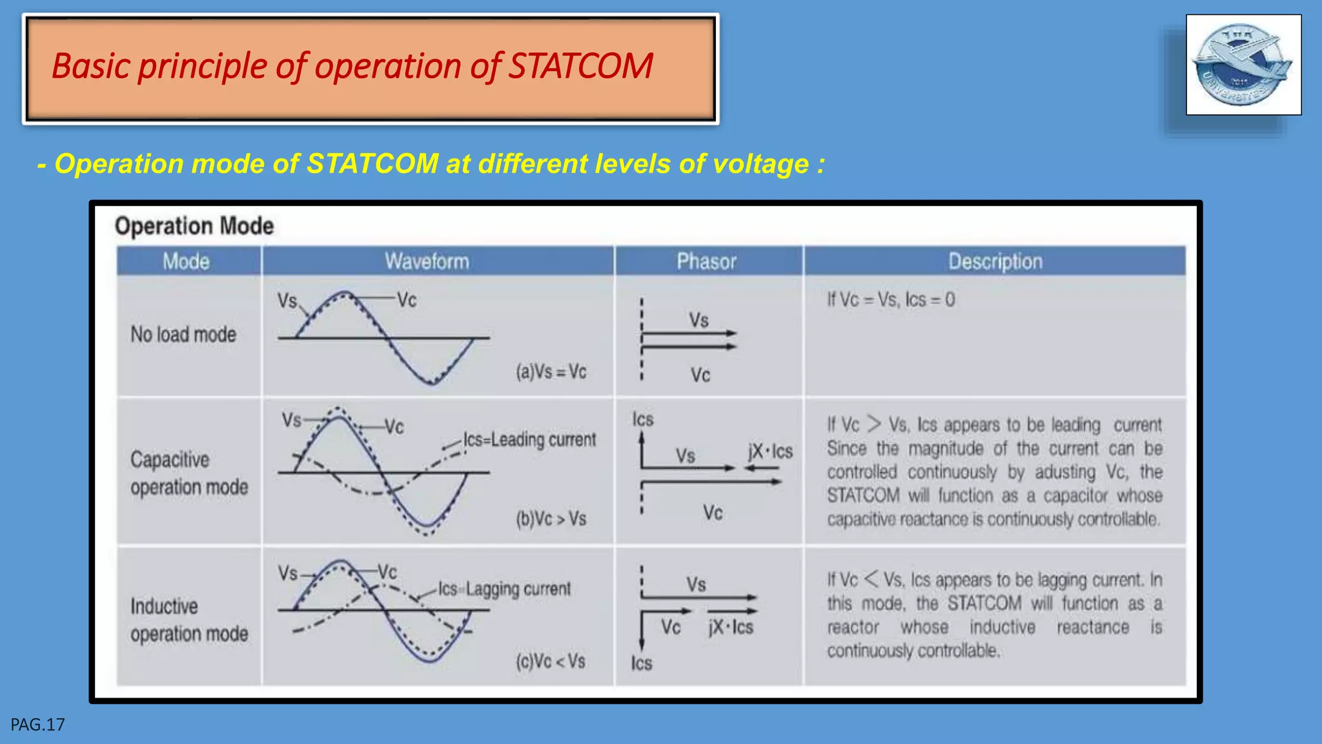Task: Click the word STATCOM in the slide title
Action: point(580,67)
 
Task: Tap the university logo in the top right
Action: point(1243,65)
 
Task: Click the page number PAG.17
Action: point(37,725)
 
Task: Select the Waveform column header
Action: point(427,262)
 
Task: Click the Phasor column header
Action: point(706,262)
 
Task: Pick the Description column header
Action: point(995,262)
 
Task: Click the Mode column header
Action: point(186,262)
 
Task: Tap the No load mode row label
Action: point(183,335)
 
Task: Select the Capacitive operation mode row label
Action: point(188,473)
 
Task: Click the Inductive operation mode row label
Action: point(188,620)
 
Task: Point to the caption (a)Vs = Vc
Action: point(551,372)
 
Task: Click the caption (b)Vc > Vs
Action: point(551,519)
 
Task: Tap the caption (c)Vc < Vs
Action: point(550,661)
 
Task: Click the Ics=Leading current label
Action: point(529,440)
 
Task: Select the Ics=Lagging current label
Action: point(504,589)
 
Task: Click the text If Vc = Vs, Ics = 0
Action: point(891,300)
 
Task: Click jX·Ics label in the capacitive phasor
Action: point(770,451)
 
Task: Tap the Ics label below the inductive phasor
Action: point(642,663)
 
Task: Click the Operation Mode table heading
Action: point(194,226)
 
